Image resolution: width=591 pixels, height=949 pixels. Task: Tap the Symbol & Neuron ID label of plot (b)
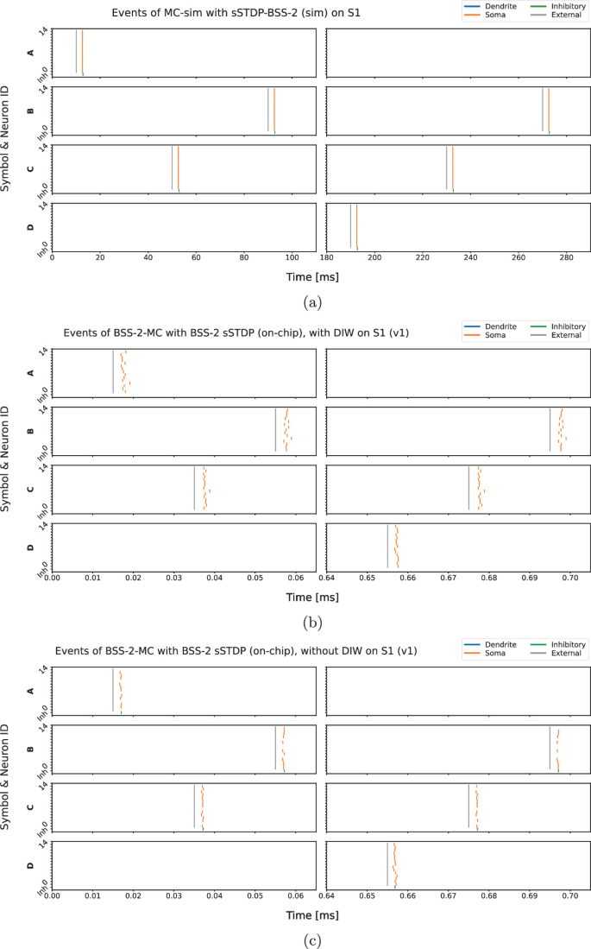7,458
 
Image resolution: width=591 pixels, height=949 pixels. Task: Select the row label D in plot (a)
31,227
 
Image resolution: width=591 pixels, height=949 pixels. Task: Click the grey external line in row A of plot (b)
112,371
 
